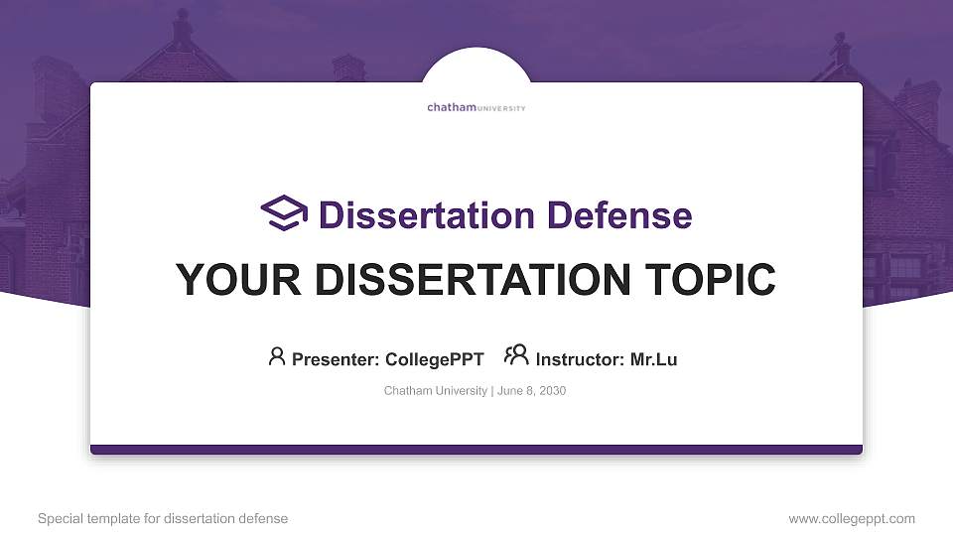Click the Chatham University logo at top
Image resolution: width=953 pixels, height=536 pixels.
[x=476, y=107]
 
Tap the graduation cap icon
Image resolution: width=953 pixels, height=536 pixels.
[x=284, y=213]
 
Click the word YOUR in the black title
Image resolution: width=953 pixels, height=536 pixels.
[x=233, y=280]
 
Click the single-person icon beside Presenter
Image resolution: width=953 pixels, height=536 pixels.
[x=277, y=356]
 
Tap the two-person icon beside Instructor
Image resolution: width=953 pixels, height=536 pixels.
[x=516, y=355]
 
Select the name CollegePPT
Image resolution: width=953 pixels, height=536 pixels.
[x=435, y=359]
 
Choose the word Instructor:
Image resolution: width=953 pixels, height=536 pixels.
[x=580, y=359]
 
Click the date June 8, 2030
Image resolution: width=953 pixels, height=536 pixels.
[x=531, y=391]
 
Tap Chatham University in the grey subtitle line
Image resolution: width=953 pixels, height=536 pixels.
[x=435, y=391]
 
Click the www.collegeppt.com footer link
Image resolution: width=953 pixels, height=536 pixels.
[x=852, y=518]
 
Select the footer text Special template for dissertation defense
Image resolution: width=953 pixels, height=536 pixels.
[x=163, y=518]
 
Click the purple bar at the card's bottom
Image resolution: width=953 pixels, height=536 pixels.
[x=476, y=450]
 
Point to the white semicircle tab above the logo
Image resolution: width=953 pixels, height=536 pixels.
[x=476, y=66]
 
